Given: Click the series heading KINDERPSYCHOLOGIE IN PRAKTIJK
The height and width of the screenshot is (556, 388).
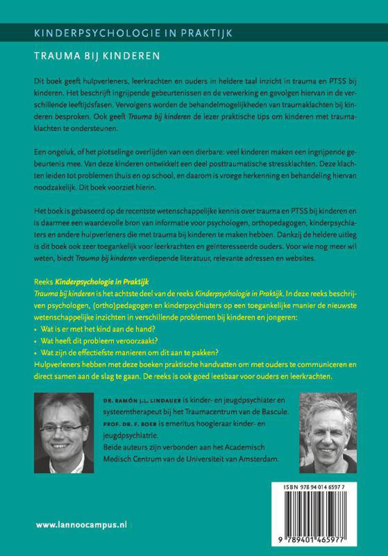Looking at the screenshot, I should pyautogui.click(x=133, y=33).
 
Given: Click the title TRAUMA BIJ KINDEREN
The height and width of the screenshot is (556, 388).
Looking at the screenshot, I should pyautogui.click(x=97, y=56).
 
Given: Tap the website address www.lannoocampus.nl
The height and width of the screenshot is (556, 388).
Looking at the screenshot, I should pyautogui.click(x=81, y=525).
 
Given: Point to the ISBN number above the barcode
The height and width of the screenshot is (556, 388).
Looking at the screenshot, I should pyautogui.click(x=314, y=487).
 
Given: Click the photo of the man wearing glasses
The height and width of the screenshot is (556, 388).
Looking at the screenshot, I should pyautogui.click(x=64, y=433).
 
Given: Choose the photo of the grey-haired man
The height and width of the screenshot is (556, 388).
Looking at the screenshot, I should pyautogui.click(x=328, y=433).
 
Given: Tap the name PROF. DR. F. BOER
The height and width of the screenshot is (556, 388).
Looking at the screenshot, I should pyautogui.click(x=130, y=424).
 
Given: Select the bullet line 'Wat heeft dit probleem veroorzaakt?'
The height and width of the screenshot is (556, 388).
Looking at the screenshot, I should pyautogui.click(x=99, y=341).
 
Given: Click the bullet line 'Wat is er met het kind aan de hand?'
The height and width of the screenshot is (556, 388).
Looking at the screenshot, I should pyautogui.click(x=98, y=329).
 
